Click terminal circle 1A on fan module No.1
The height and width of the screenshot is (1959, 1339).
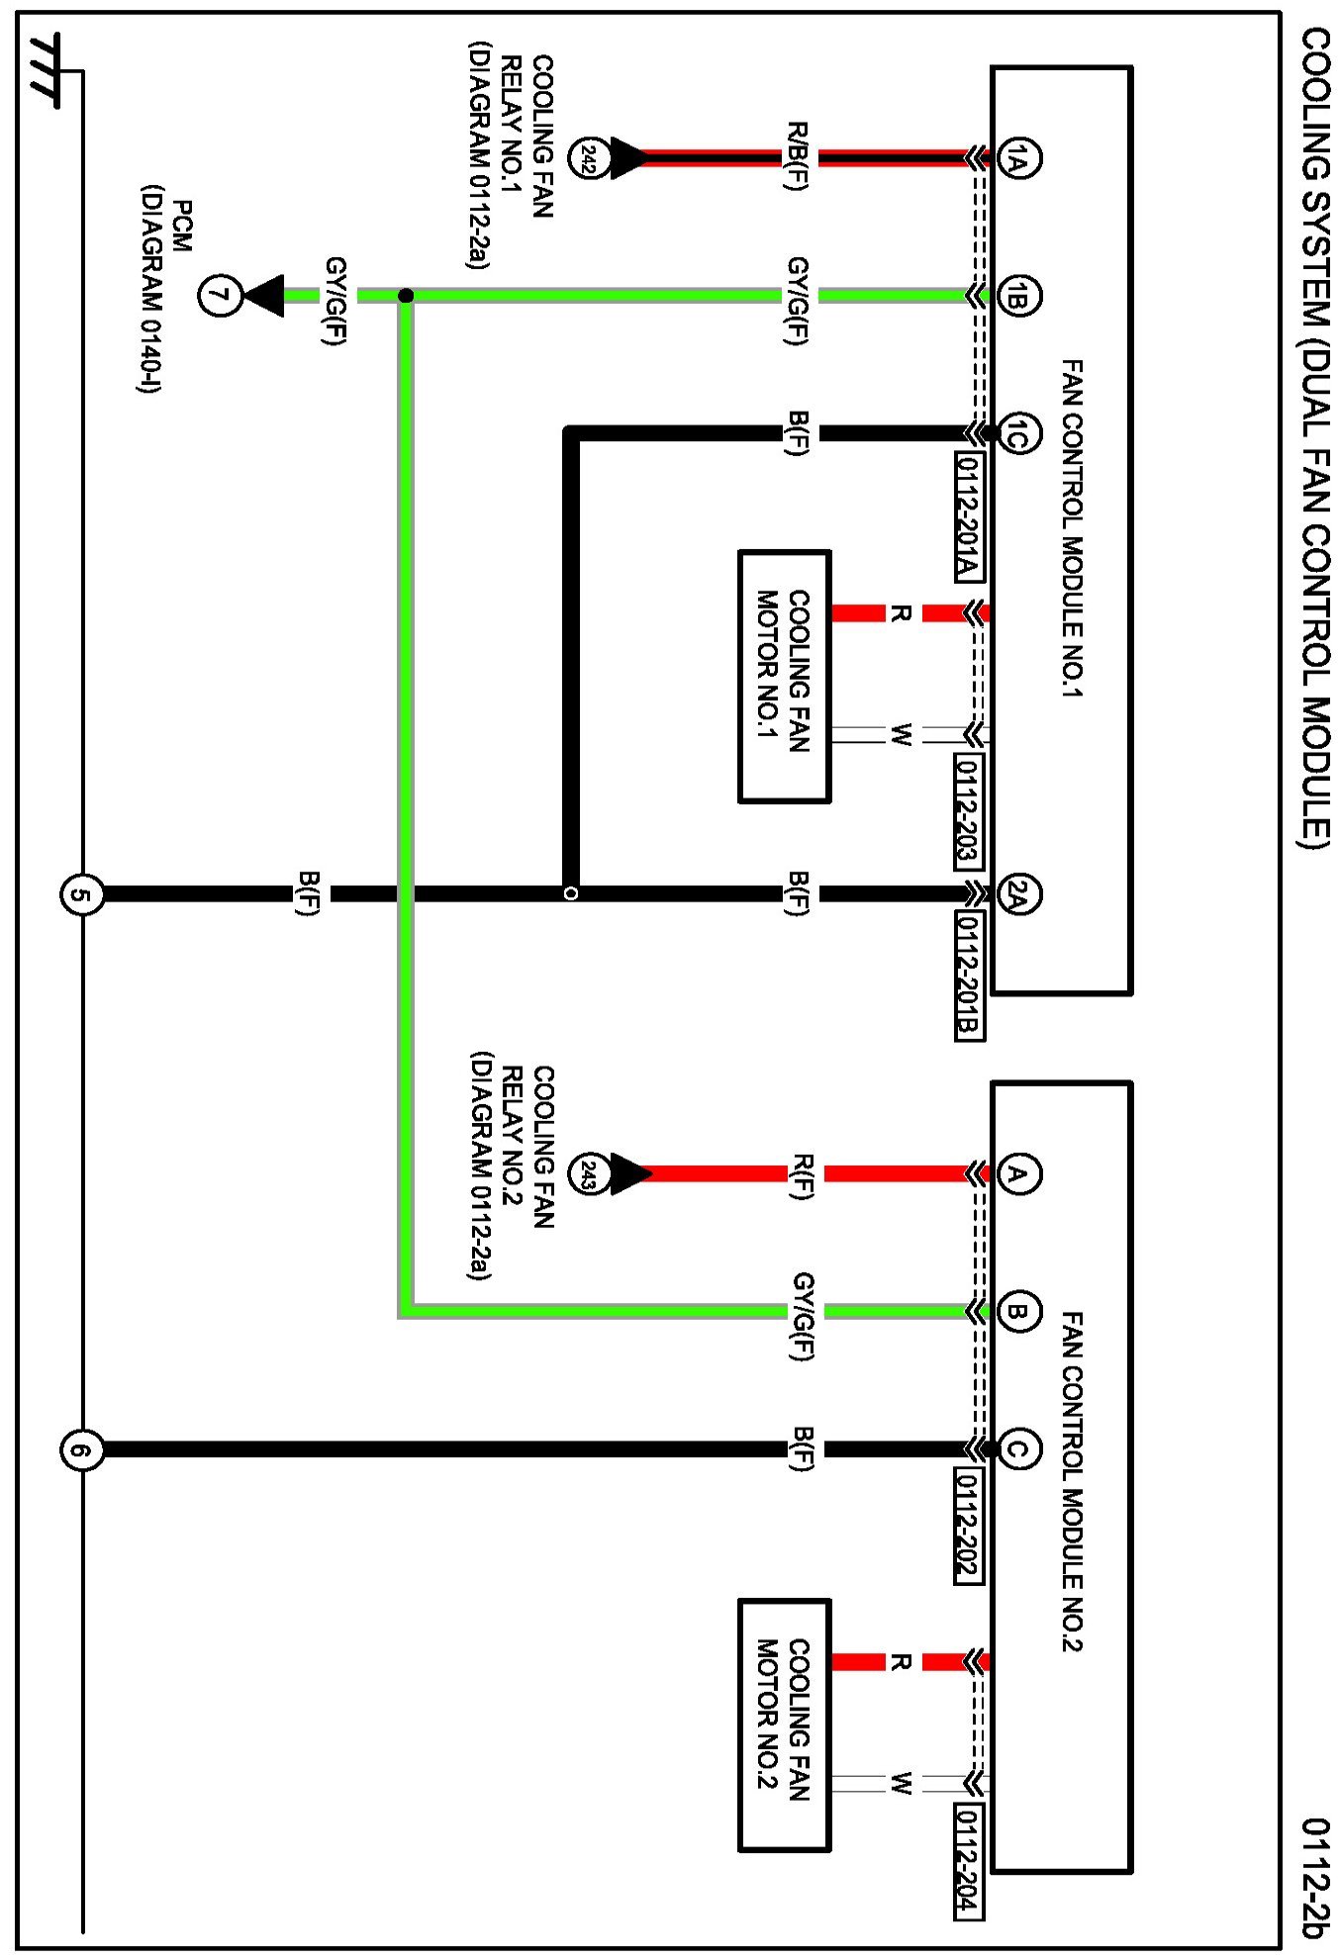pyautogui.click(x=1018, y=158)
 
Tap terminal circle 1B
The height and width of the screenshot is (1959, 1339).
pyautogui.click(x=1018, y=296)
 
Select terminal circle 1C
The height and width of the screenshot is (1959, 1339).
pyautogui.click(x=1018, y=433)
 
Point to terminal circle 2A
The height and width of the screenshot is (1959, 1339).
pyautogui.click(x=1018, y=894)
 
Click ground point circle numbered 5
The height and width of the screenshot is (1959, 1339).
pyautogui.click(x=81, y=895)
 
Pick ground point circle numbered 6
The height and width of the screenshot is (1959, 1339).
pyautogui.click(x=81, y=1450)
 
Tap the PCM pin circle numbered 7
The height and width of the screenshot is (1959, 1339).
pyautogui.click(x=220, y=296)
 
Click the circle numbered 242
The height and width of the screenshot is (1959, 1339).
pyautogui.click(x=588, y=158)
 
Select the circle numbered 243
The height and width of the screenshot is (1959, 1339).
pyautogui.click(x=588, y=1174)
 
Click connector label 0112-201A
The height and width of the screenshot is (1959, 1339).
pyautogui.click(x=969, y=516)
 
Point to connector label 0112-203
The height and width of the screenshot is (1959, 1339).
pyautogui.click(x=969, y=810)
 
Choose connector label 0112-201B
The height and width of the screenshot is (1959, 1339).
pyautogui.click(x=969, y=975)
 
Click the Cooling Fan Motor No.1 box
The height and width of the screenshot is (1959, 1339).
pyautogui.click(x=784, y=676)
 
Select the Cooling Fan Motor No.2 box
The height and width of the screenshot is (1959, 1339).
pyautogui.click(x=784, y=1725)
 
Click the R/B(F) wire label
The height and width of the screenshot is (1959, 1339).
pyautogui.click(x=798, y=156)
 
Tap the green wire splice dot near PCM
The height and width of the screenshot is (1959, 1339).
pyautogui.click(x=406, y=296)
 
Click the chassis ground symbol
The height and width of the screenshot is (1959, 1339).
pyautogui.click(x=45, y=70)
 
